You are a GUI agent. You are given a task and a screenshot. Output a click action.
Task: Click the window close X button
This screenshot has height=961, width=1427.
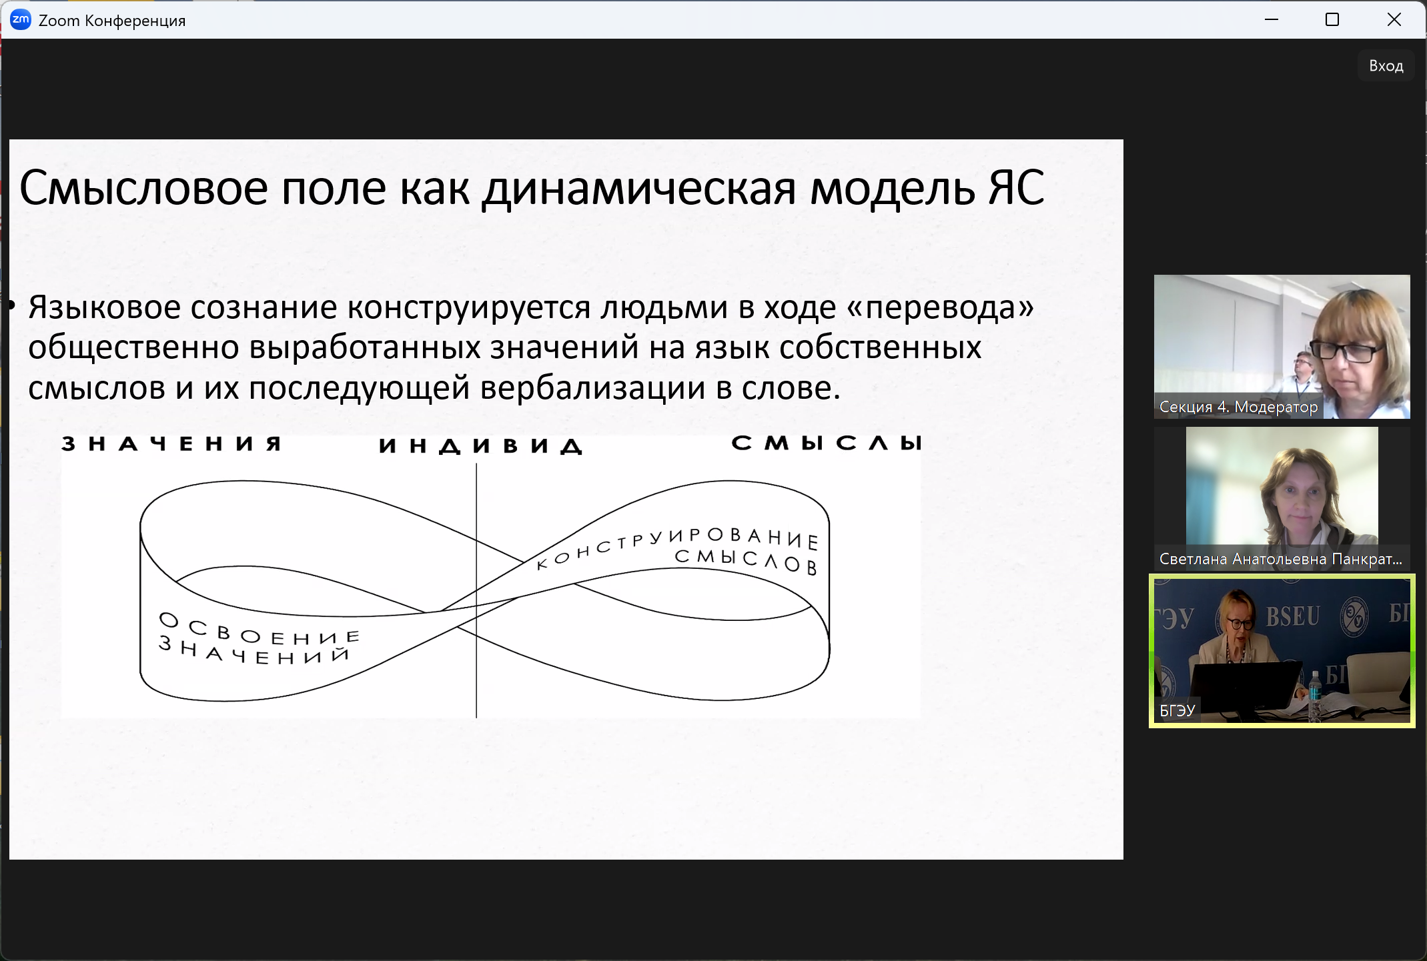point(1394,20)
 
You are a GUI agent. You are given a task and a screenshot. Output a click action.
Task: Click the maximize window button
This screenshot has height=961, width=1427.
point(1332,20)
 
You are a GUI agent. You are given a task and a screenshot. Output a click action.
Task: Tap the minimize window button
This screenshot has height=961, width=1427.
point(1272,20)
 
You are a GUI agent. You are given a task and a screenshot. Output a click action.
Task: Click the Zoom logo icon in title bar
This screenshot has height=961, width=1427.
point(21,20)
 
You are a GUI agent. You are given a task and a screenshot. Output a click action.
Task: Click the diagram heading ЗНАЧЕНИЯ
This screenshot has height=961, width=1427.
point(171,443)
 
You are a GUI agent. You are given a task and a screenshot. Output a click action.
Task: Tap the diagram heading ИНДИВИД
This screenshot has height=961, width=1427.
point(480,446)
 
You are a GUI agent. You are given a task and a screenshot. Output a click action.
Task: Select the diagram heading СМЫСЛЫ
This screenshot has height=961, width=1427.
point(827,443)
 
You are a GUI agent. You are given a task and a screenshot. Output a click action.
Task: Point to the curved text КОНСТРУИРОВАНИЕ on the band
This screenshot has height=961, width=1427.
point(677,544)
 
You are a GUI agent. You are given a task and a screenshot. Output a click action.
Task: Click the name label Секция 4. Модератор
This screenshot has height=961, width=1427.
point(1239,407)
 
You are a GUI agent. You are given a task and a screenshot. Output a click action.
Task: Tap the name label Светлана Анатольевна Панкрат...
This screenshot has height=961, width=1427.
point(1281,559)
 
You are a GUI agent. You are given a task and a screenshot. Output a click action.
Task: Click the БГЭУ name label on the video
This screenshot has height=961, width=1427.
point(1177,711)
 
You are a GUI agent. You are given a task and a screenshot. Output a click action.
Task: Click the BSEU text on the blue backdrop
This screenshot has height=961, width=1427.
point(1293,616)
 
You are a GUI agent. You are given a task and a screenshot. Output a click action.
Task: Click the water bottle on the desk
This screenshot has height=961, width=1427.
point(1314,696)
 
